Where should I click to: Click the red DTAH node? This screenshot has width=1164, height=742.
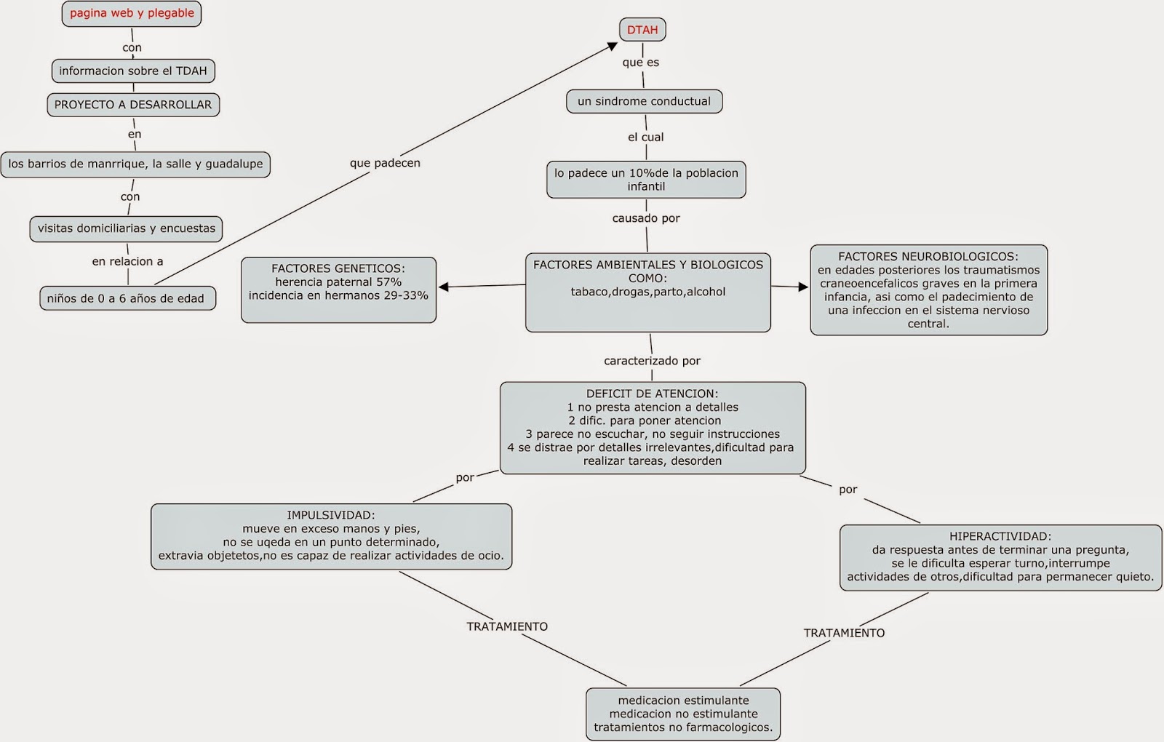click(642, 30)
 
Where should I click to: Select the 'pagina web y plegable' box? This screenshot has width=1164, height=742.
click(132, 14)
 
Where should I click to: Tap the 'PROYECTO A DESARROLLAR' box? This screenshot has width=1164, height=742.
click(133, 105)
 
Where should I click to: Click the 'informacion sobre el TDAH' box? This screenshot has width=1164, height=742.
click(133, 71)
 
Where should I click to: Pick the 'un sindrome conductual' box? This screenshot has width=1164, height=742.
click(644, 102)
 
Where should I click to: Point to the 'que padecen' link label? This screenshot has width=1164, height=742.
click(385, 163)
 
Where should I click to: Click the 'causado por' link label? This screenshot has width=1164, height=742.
click(646, 218)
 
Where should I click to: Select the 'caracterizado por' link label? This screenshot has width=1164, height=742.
click(652, 361)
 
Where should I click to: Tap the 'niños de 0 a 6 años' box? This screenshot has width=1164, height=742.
click(126, 298)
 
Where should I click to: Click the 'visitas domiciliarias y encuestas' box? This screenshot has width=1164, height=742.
click(127, 228)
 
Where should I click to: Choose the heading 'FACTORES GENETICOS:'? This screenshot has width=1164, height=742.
click(338, 268)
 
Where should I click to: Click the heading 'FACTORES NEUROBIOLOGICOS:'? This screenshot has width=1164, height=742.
click(928, 257)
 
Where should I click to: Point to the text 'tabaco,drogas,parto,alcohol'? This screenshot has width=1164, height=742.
click(647, 292)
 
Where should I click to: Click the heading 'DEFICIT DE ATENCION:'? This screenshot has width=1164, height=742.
click(653, 394)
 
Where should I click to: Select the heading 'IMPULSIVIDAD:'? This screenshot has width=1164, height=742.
click(331, 515)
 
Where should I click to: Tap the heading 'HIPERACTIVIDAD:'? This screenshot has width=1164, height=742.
click(1000, 536)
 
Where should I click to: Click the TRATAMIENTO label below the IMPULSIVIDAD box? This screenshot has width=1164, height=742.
click(507, 626)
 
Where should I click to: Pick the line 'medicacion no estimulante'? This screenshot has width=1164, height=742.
click(683, 714)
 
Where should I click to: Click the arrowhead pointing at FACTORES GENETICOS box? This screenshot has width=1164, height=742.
click(443, 287)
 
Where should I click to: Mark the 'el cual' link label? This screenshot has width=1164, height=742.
click(646, 137)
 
